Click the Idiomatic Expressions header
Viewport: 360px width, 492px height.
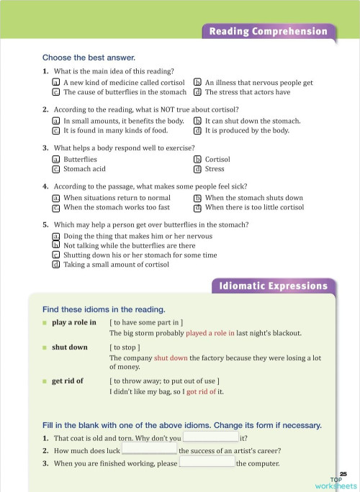[x=273, y=287]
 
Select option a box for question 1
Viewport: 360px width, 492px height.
[x=55, y=83]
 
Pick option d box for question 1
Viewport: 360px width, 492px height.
[x=197, y=92]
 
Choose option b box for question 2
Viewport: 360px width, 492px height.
[x=197, y=122]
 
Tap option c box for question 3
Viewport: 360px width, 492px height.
[x=55, y=169]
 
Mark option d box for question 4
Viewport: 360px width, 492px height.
[x=197, y=208]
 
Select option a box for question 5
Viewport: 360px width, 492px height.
[x=55, y=236]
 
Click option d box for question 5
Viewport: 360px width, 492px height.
[x=55, y=264]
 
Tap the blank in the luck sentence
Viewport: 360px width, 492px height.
[x=149, y=450]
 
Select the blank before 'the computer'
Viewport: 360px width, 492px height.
[x=206, y=463]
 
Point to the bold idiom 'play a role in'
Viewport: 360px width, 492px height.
[x=74, y=322]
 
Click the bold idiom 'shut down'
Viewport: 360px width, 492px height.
[x=69, y=347]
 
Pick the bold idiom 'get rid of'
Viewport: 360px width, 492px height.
[x=68, y=381]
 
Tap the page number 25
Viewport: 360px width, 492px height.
[x=343, y=473]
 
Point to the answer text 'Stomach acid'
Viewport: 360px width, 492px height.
[x=85, y=169]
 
